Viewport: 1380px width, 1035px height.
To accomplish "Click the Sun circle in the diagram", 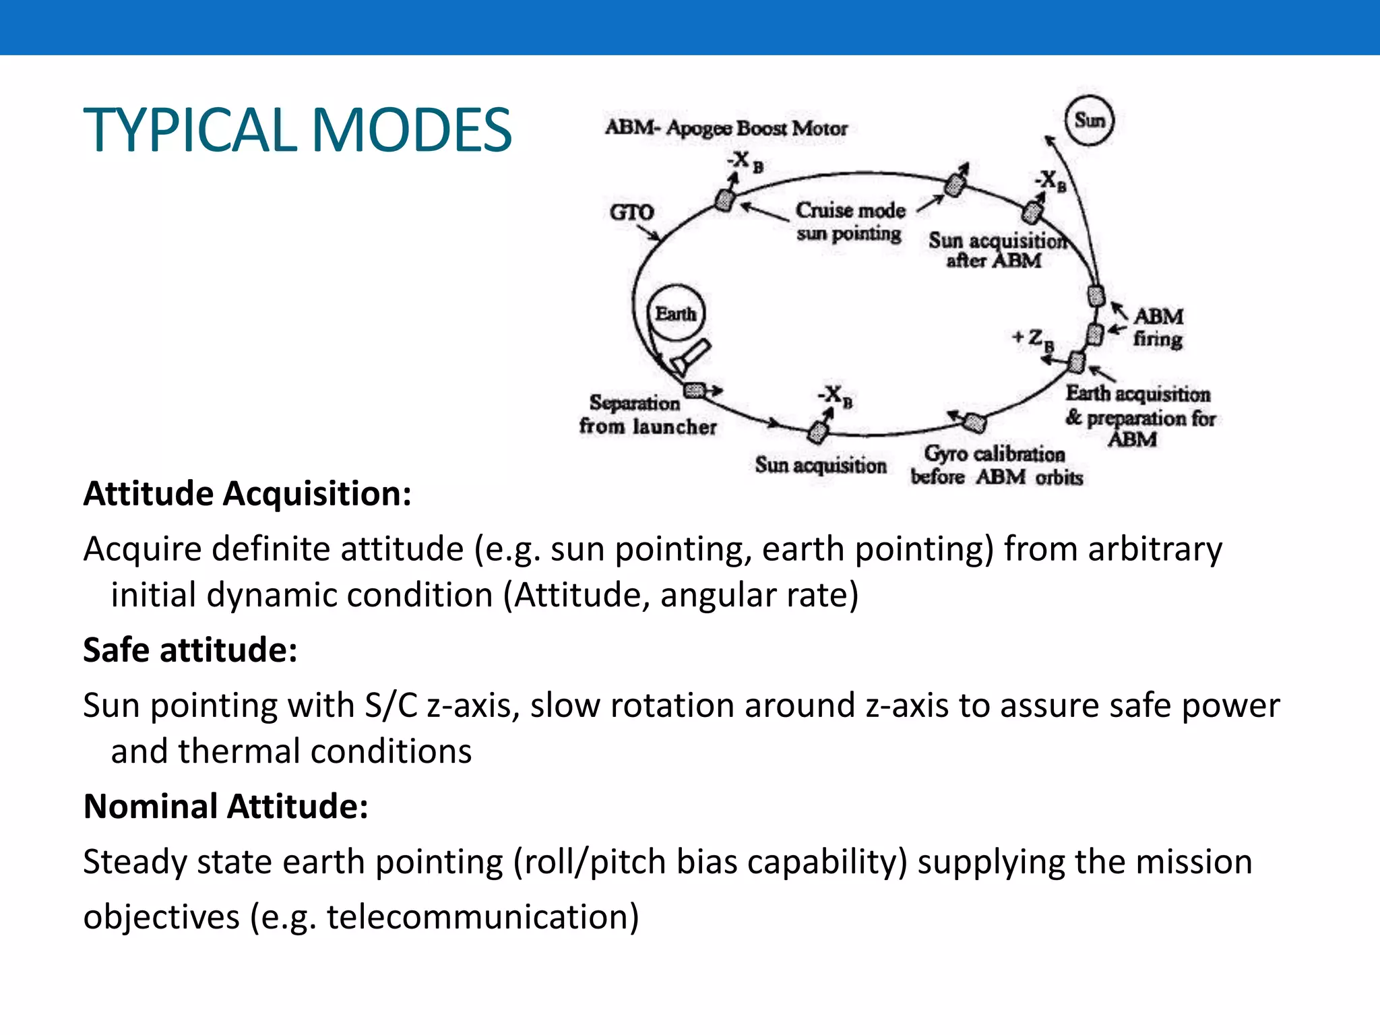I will pyautogui.click(x=1089, y=121).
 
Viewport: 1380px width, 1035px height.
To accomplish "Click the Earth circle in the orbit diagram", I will pyautogui.click(x=676, y=314).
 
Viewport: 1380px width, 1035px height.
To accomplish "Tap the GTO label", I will pyautogui.click(x=631, y=213).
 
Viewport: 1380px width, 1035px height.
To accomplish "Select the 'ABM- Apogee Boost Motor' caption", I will pyautogui.click(x=726, y=128).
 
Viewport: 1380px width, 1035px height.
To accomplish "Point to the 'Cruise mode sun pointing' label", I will pyautogui.click(x=850, y=222).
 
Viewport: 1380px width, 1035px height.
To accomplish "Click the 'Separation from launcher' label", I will pyautogui.click(x=647, y=414).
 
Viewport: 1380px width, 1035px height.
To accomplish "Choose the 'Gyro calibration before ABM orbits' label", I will pyautogui.click(x=996, y=465).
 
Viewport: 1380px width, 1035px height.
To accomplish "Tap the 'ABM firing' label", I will pyautogui.click(x=1158, y=327).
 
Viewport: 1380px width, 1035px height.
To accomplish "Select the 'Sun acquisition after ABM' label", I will pyautogui.click(x=995, y=250).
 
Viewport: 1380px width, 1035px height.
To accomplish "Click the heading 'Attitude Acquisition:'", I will pyautogui.click(x=247, y=494).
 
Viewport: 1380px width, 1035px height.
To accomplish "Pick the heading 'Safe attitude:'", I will pyautogui.click(x=190, y=650).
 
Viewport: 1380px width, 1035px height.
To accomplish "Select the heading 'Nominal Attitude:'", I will pyautogui.click(x=226, y=807).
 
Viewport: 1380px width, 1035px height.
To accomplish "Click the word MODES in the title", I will pyautogui.click(x=412, y=130).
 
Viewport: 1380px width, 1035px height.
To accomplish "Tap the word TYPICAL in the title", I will pyautogui.click(x=190, y=130).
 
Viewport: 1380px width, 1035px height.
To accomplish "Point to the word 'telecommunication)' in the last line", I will pyautogui.click(x=482, y=918).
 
